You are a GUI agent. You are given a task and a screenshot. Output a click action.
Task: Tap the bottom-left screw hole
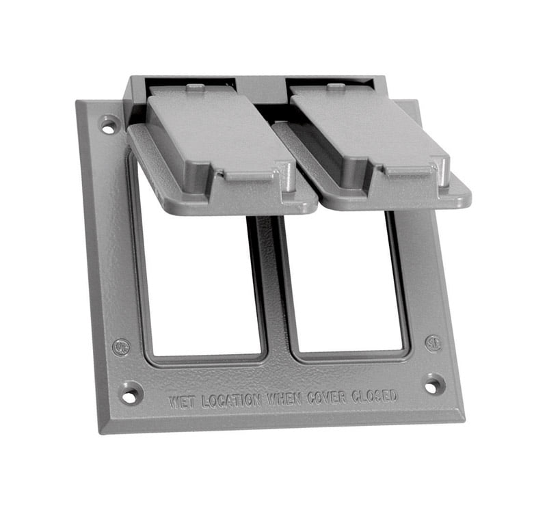(129, 393)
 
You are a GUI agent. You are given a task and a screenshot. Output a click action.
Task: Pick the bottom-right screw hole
(433, 384)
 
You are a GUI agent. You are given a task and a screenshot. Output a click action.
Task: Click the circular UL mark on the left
(122, 347)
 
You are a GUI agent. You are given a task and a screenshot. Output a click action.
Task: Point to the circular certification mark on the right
(432, 342)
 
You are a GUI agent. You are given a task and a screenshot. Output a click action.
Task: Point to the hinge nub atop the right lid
(335, 87)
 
